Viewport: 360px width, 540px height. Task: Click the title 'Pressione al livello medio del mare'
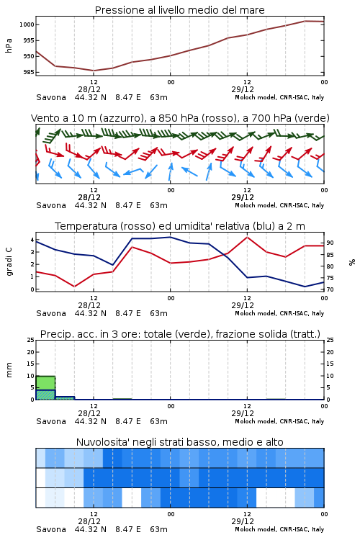pos(179,10)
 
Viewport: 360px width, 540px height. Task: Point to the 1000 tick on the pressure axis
pos(27,24)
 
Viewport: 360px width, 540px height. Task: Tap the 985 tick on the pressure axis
pos(28,72)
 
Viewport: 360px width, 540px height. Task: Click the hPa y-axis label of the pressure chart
pos(9,45)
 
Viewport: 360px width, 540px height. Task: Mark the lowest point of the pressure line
pos(94,71)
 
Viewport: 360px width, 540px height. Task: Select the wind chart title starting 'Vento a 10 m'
pos(180,118)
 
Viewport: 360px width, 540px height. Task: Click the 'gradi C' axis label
pos(9,262)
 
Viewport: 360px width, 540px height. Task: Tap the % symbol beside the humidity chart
pos(352,262)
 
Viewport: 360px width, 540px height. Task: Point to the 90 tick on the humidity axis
pos(330,243)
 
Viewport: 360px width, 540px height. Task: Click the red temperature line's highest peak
pos(247,238)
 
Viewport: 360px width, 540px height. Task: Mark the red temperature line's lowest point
pos(74,287)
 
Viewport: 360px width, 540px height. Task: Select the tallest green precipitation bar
pos(45,388)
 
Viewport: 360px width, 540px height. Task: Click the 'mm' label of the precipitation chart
pos(9,370)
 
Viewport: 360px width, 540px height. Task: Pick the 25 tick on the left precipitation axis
pos(31,340)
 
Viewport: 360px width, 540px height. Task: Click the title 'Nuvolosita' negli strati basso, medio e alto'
pos(179,442)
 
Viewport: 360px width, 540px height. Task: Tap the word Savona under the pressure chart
pos(51,97)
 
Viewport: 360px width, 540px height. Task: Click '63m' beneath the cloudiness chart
pos(159,529)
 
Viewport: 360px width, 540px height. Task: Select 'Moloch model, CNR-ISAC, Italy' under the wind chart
pos(279,205)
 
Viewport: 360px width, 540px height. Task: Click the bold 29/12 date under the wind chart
pos(243,197)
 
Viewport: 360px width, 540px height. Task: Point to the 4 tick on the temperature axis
pos(32,240)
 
